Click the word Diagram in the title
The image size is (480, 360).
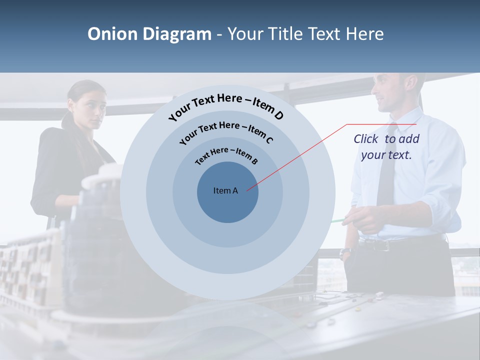(177, 34)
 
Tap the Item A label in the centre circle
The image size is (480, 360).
(225, 190)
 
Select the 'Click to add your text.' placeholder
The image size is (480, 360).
(386, 147)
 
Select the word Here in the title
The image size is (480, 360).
(363, 34)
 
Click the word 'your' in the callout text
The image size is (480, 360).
(373, 155)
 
